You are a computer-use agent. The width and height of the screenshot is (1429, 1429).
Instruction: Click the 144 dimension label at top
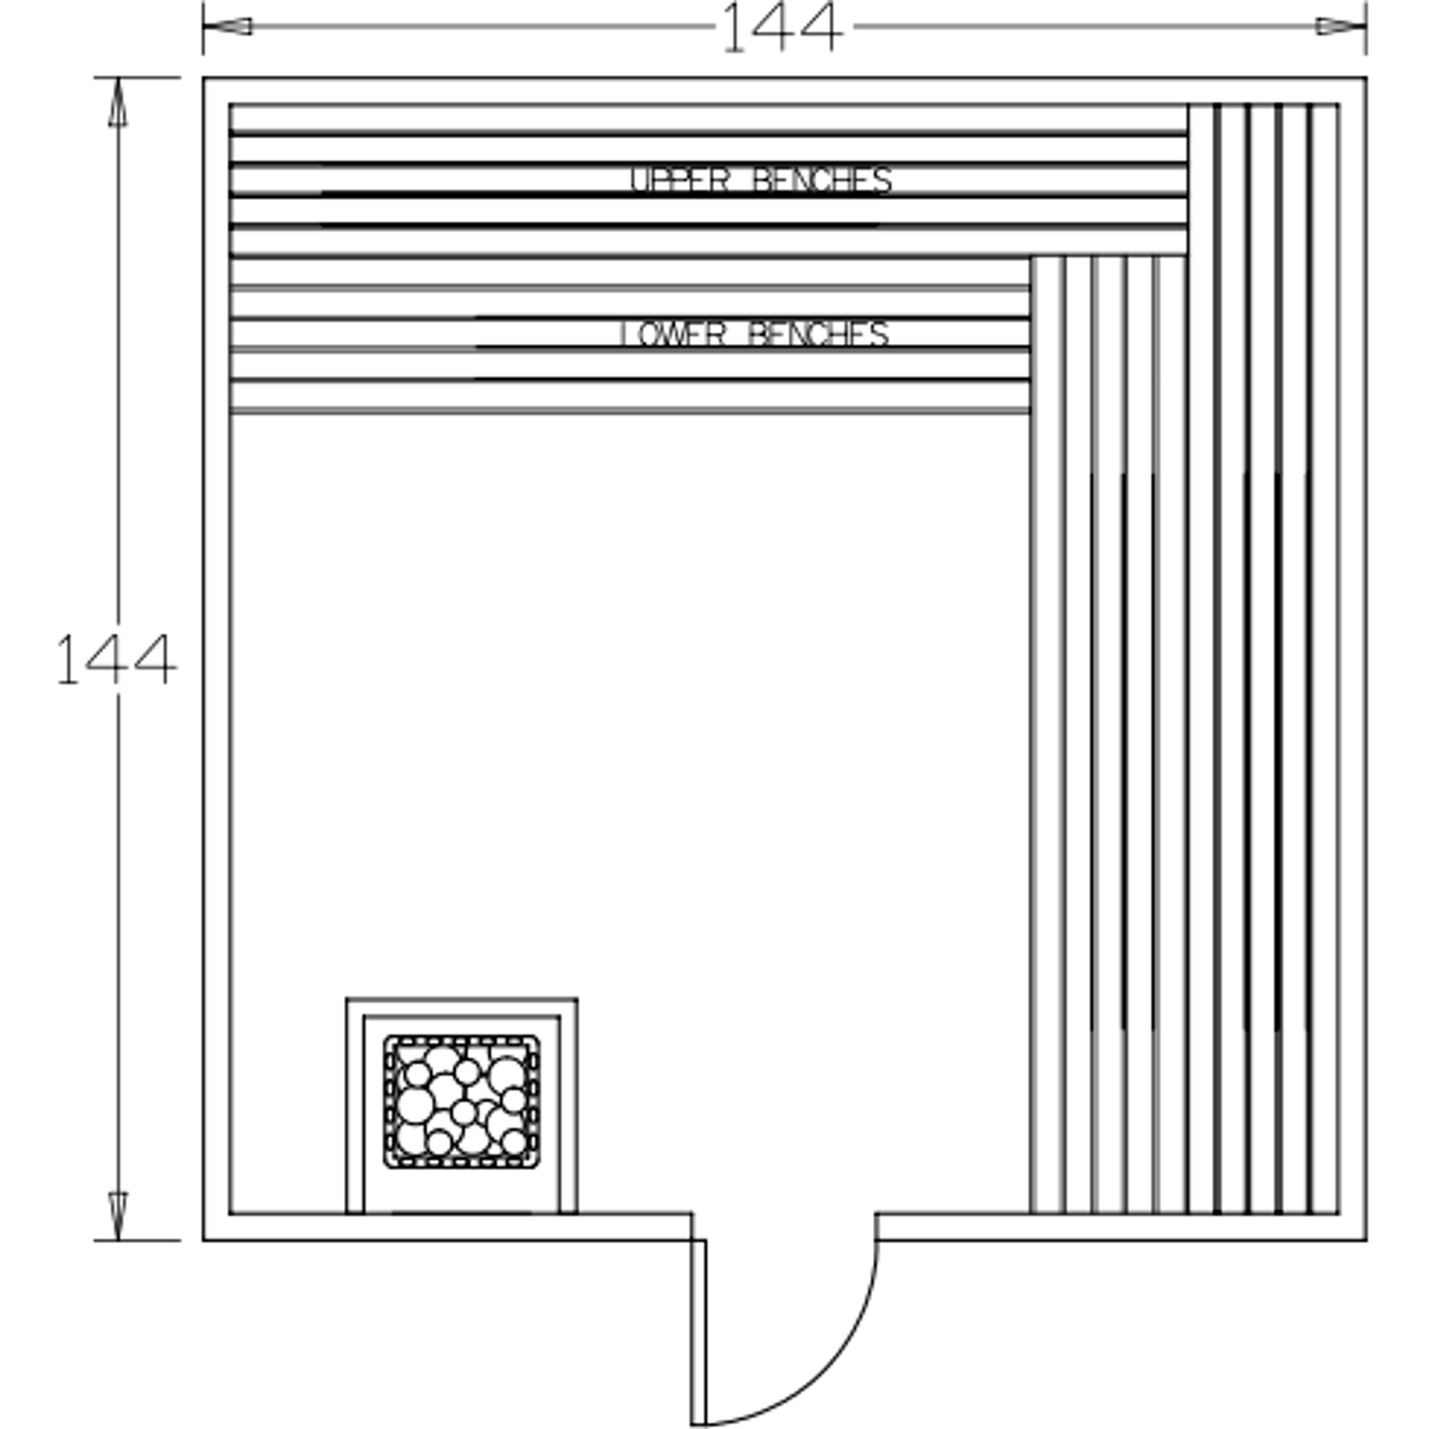pos(782,29)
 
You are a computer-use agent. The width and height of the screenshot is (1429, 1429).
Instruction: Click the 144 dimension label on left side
pos(116,660)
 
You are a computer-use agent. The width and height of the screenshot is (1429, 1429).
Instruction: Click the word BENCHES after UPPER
pos(822,181)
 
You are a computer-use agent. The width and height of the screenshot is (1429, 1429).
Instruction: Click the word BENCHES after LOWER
pos(819,334)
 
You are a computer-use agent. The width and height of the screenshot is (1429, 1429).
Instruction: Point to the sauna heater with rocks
pos(462,1102)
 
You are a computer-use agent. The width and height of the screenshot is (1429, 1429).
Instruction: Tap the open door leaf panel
pos(698,1330)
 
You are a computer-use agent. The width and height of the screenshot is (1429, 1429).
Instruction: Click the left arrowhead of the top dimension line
pos(227,27)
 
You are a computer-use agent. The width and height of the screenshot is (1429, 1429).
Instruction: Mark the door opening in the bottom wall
pos(784,1226)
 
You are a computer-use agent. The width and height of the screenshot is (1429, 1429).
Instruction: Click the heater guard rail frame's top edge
pos(462,1000)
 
